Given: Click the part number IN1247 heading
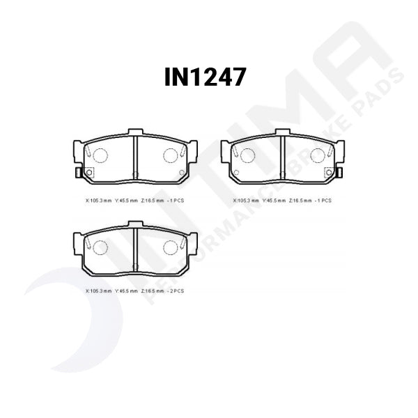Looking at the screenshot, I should click(x=206, y=77).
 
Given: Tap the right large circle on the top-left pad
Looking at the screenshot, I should click(x=171, y=155).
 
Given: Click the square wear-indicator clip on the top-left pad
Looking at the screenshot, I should click(x=88, y=173).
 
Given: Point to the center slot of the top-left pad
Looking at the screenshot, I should click(x=135, y=157).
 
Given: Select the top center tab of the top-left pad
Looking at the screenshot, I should click(x=135, y=132).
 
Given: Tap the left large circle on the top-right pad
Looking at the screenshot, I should click(x=247, y=155).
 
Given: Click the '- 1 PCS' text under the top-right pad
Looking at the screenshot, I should click(x=323, y=200).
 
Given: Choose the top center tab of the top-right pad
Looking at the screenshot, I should click(x=282, y=132).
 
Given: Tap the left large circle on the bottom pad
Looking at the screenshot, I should click(x=100, y=247).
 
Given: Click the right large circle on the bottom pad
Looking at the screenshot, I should click(x=171, y=247).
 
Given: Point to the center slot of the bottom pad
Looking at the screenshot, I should click(x=135, y=248).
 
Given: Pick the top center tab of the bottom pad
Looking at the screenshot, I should click(x=135, y=224).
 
